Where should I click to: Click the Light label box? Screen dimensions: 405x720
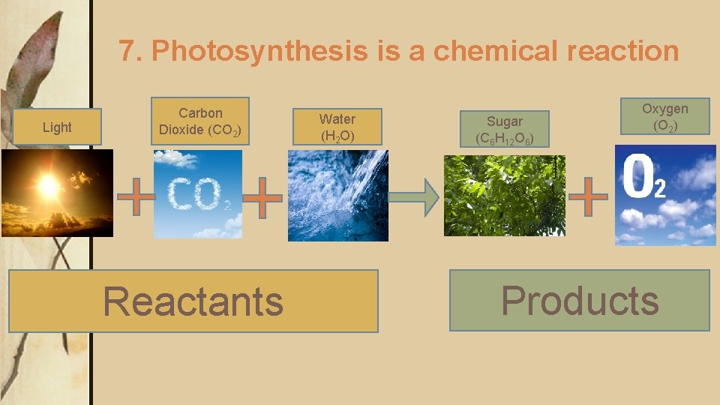pos(57,127)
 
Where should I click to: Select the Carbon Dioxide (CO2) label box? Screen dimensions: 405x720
pos(199,121)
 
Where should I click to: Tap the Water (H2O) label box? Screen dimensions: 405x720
pos(337,127)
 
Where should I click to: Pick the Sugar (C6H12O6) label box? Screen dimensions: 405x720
pos(505,129)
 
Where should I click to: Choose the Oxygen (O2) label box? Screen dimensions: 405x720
pos(664,117)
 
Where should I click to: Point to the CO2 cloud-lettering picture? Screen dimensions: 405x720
pos(198,193)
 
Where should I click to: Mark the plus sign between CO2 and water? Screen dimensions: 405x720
pos(263,199)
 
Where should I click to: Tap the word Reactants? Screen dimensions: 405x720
pos(193,301)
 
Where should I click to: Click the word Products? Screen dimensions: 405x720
pos(580,301)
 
